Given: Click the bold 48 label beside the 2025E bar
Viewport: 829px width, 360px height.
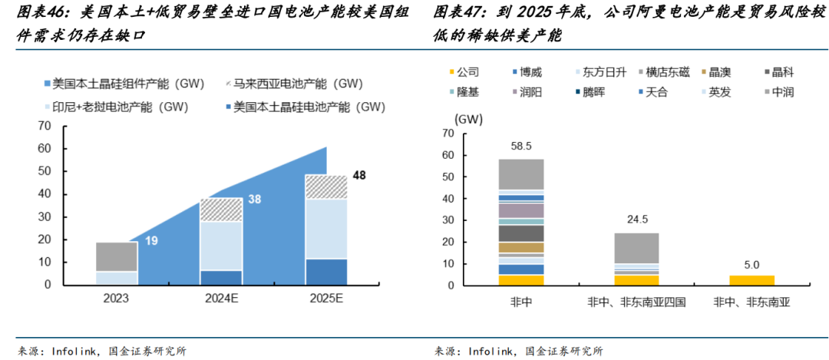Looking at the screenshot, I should pos(359,176).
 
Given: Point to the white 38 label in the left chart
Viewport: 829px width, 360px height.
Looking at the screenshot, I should pos(255,200).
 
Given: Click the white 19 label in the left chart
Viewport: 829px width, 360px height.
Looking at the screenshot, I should pos(151,241).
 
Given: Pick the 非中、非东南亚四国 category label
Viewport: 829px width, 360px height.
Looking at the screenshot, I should pos(636,302).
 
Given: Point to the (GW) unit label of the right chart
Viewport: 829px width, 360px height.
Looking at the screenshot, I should pos(469,119).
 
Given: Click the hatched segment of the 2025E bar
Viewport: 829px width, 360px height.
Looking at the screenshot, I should pos(326,187).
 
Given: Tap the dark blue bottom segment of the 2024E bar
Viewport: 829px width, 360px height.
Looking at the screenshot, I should pos(221,277).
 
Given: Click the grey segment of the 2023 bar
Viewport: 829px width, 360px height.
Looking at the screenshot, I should pos(117,256).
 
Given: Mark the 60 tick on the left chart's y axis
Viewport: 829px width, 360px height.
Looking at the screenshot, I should pos(46,148).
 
